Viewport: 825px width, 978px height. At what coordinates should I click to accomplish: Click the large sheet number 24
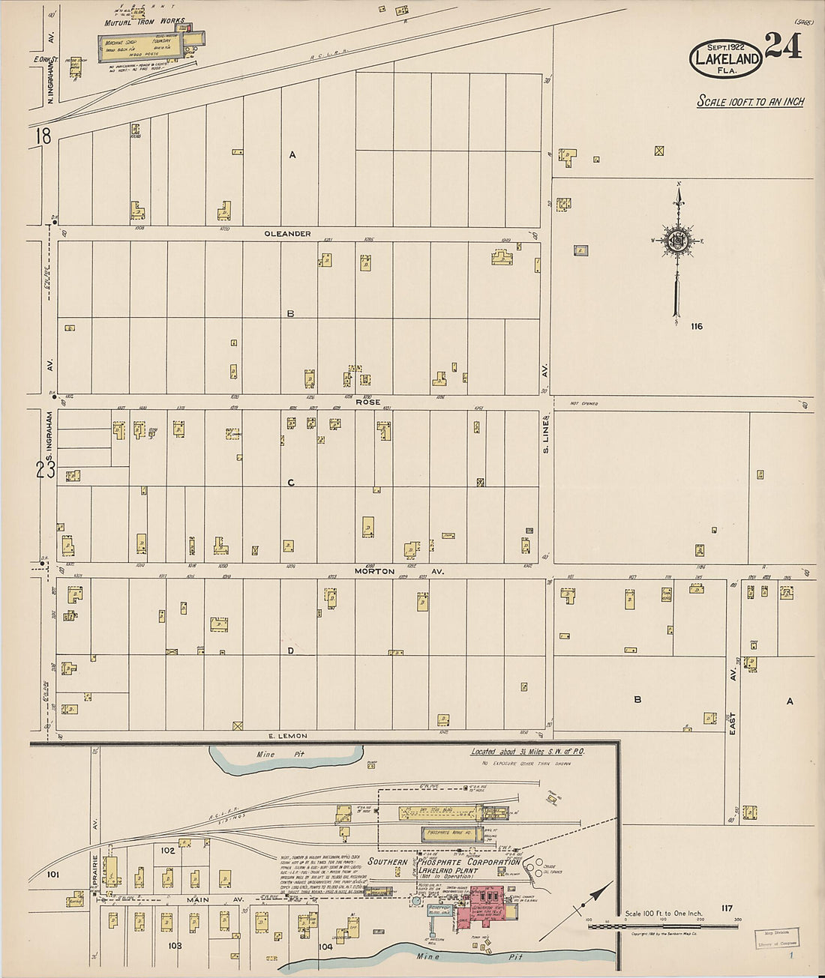784,46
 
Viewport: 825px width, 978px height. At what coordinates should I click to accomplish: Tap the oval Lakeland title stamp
725,58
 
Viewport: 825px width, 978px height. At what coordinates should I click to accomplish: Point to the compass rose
678,240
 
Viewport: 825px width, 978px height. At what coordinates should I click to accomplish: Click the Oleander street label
287,234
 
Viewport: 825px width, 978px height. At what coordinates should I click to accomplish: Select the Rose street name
367,402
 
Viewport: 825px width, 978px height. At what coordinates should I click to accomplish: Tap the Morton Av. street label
399,571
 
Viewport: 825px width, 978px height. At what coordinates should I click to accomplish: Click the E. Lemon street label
288,736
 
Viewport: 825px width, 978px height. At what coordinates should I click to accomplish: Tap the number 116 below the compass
697,326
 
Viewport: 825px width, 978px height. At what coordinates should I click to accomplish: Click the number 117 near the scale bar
725,908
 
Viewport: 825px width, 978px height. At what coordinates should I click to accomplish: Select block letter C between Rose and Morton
291,483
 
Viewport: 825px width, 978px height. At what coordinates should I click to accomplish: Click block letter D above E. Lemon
290,651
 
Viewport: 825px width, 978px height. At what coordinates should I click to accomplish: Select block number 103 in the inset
174,946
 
